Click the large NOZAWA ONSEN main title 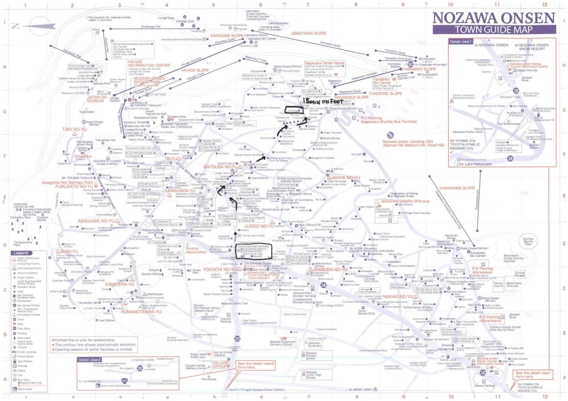tap(493, 18)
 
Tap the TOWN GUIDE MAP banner tap(493, 30)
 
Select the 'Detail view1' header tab tap(460, 41)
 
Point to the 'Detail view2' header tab tap(90, 360)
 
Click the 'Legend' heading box tap(21, 253)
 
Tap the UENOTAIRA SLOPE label tap(308, 33)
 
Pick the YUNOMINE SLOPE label tap(385, 94)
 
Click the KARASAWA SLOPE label tap(457, 188)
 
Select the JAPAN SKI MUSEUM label tap(97, 99)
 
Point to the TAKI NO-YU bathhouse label tap(74, 129)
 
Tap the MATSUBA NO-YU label tap(220, 167)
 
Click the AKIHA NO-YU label tap(346, 178)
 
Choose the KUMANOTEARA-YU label tap(141, 312)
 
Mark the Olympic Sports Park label tap(528, 242)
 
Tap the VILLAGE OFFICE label tap(221, 365)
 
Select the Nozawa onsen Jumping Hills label tap(413, 143)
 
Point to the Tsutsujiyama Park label tap(23, 243)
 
